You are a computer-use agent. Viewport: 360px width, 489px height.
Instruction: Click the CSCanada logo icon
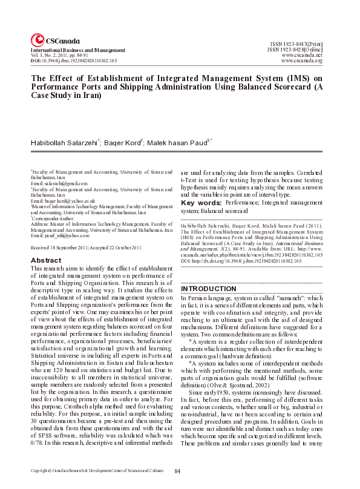coord(37,38)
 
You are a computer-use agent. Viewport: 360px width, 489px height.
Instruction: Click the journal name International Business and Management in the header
coord(78,50)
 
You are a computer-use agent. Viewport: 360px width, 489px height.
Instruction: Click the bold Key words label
coord(201,203)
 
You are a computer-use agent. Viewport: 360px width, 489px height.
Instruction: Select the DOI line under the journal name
coord(74,61)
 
